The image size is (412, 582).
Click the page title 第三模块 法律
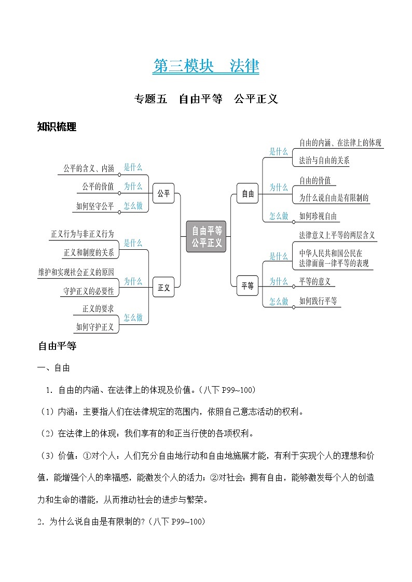point(206,66)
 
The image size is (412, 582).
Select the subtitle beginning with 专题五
point(206,99)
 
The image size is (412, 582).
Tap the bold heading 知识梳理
point(57,127)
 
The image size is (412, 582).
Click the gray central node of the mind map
point(207,236)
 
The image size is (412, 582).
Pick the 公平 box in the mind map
point(163,193)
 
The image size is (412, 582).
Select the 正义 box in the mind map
point(163,288)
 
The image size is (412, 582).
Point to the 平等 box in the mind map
point(248,286)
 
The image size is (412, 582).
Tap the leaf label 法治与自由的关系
point(324,161)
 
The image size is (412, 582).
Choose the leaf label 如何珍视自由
point(318,216)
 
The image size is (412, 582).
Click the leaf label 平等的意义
point(314,281)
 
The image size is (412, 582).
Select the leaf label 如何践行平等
point(318,301)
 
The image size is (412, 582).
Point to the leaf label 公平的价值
point(98,187)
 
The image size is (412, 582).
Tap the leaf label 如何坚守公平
point(94,206)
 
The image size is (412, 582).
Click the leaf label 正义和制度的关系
point(89,253)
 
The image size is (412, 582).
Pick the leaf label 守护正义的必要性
point(88,291)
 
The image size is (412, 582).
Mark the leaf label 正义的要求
point(98,309)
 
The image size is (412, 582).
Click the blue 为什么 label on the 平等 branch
point(279,281)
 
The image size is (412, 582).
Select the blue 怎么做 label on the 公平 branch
point(133,206)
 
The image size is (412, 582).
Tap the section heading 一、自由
point(54,368)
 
